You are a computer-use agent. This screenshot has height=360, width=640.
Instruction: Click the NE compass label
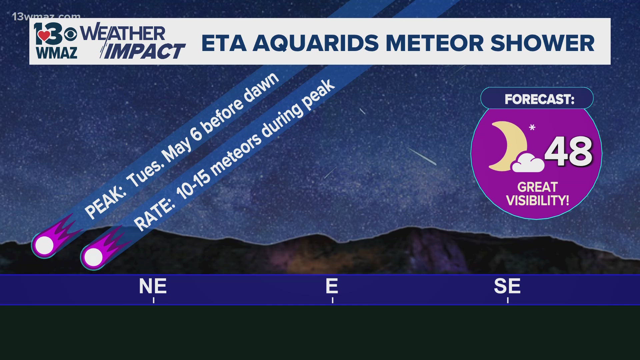click(x=153, y=286)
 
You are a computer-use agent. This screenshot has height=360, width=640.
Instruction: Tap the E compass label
click(x=332, y=286)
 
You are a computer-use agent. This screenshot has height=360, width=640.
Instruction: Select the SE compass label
click(x=507, y=286)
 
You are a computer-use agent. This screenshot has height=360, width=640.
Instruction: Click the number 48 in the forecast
click(x=568, y=152)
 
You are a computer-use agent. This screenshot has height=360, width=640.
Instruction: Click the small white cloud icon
click(x=528, y=163)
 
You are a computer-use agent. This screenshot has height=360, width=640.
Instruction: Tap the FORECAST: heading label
click(x=539, y=99)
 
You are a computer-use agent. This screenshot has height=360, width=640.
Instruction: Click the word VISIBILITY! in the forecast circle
click(x=537, y=201)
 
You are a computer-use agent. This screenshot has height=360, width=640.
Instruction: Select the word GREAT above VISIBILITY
click(x=537, y=187)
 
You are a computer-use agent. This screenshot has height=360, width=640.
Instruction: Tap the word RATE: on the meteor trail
click(x=154, y=215)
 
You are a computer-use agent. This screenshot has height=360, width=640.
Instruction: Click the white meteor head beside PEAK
click(x=44, y=245)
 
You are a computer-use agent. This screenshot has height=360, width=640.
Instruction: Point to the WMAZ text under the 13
click(x=57, y=53)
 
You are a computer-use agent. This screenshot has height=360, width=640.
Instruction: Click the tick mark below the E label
click(x=333, y=300)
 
